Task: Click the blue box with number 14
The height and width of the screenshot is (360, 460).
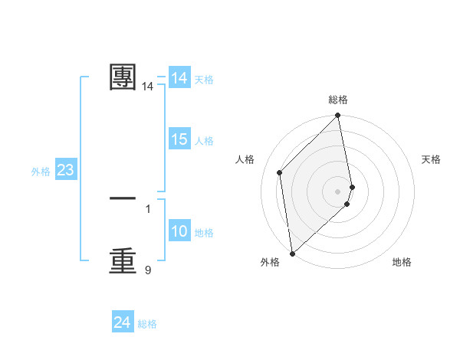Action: click(179, 78)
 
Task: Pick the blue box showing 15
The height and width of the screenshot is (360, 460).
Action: click(179, 139)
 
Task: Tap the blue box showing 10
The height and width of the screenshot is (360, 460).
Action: click(179, 231)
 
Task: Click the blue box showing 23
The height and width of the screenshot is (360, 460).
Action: click(65, 170)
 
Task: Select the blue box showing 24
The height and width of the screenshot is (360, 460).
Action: click(123, 323)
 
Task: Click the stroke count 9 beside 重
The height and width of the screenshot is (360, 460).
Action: click(148, 270)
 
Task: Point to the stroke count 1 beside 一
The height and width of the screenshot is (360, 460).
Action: click(148, 208)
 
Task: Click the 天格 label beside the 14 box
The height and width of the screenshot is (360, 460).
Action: click(204, 80)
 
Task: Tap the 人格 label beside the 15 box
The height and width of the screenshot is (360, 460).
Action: click(204, 141)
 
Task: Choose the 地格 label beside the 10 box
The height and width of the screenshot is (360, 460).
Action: click(204, 233)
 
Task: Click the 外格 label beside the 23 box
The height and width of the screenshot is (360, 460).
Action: click(41, 172)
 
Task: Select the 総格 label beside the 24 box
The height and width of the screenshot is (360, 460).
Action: click(147, 325)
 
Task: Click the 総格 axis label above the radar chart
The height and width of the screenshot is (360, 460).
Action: click(338, 100)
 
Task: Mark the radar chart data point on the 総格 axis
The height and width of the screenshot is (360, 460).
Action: click(338, 116)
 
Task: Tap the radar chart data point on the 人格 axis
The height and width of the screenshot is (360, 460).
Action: click(280, 172)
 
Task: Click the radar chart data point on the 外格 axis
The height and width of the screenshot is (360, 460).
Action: click(292, 253)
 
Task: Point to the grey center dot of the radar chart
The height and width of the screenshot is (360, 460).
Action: click(338, 191)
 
